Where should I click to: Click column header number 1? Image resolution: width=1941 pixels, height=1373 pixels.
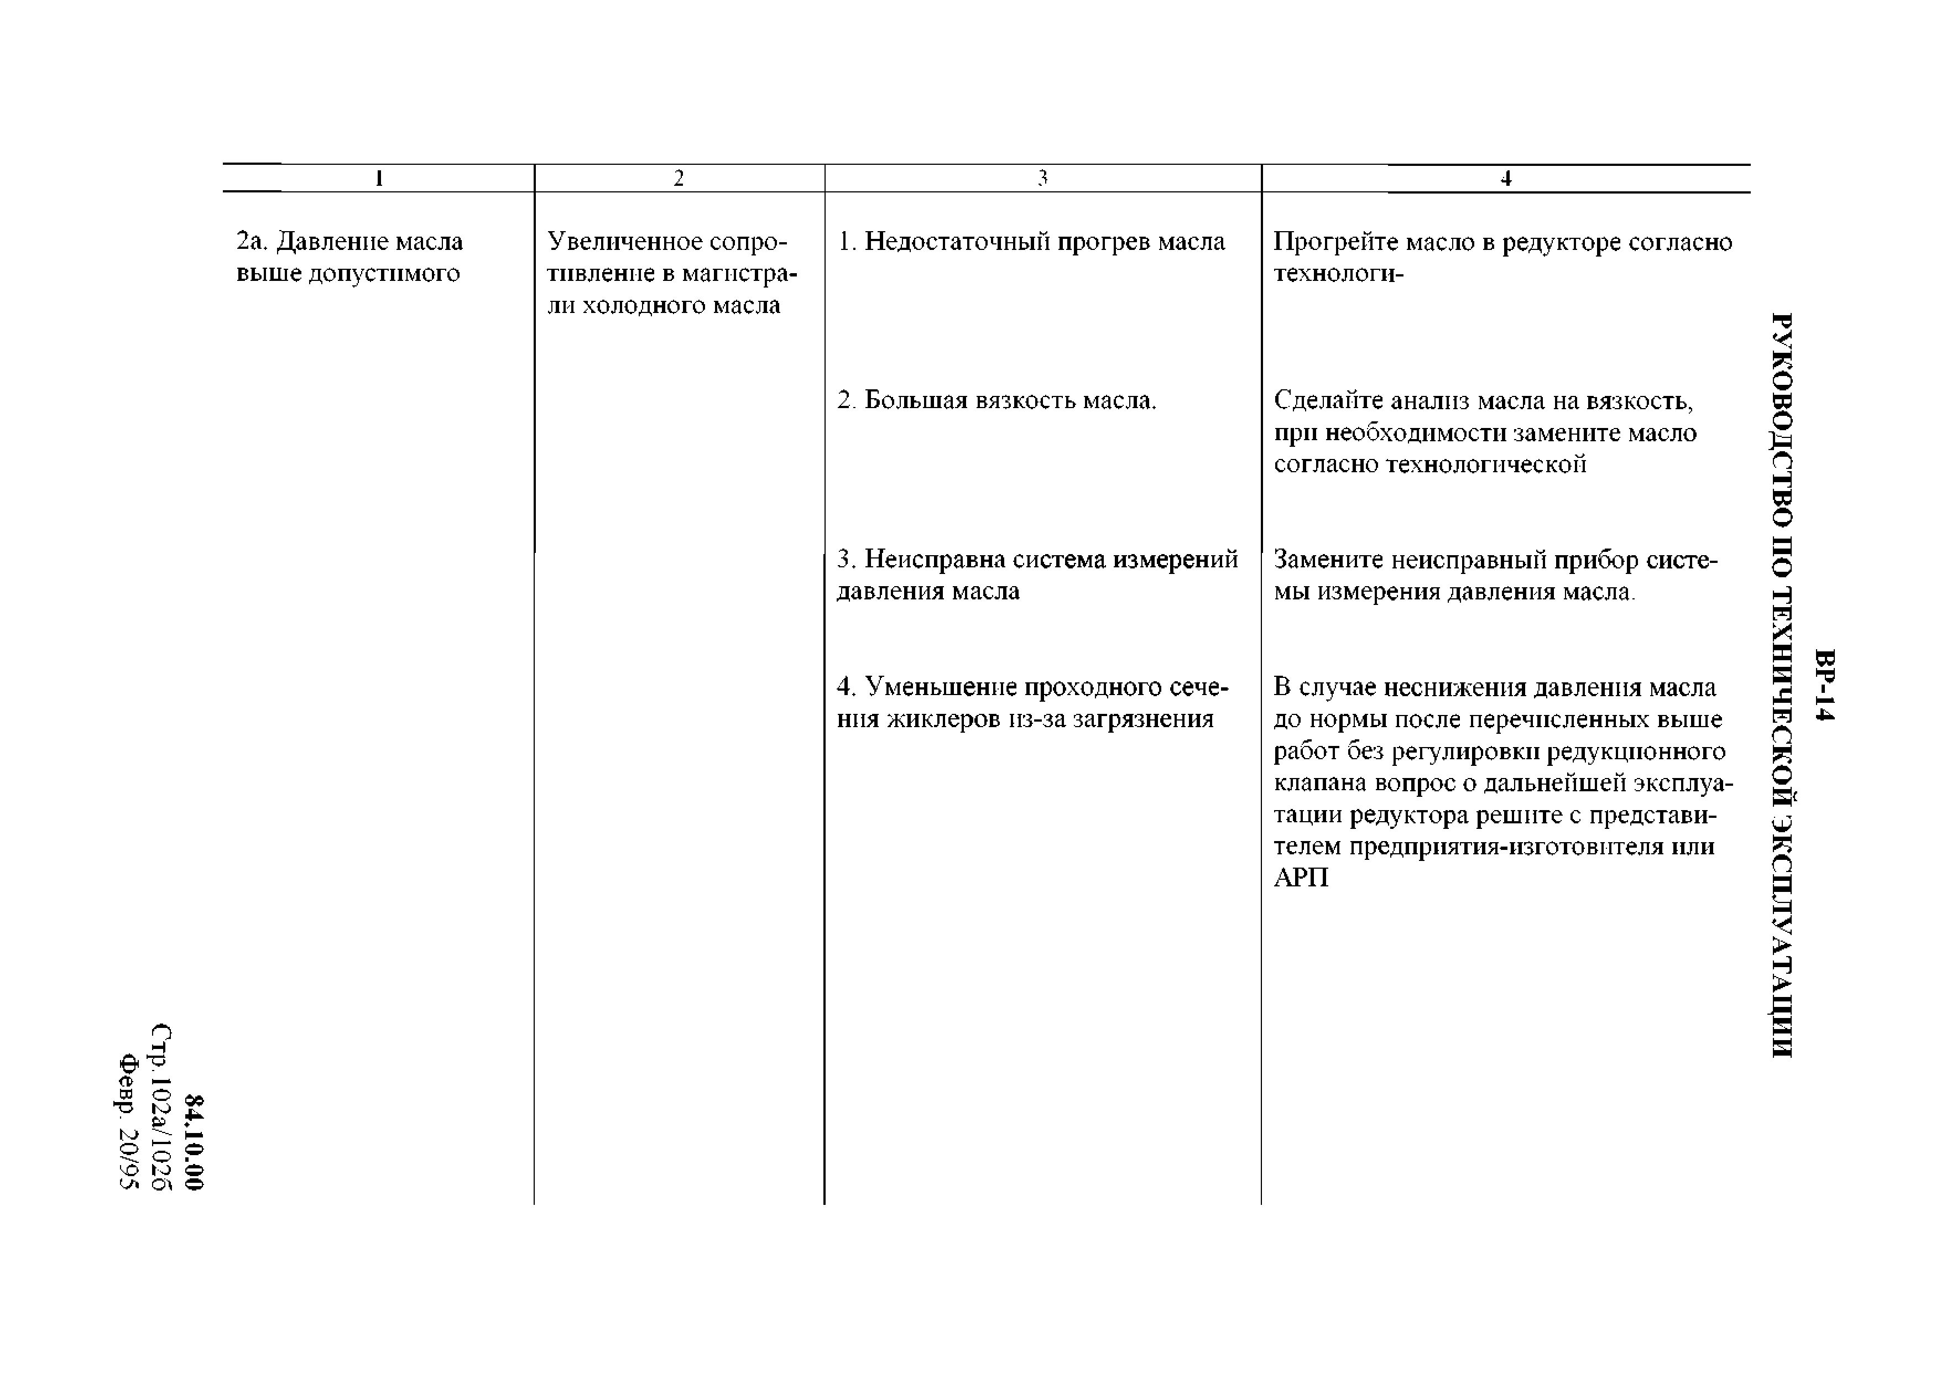[x=379, y=179]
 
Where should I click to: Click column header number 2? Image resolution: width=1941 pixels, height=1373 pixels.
[x=678, y=179]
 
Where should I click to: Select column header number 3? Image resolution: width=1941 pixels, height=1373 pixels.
[x=1042, y=179]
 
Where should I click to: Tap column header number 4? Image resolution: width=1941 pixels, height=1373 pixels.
[x=1506, y=179]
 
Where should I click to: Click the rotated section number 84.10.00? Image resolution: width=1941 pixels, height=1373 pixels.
[x=195, y=1143]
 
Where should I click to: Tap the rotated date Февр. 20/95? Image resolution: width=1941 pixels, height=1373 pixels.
[x=128, y=1122]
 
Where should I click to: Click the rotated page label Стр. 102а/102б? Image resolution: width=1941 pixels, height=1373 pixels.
[x=161, y=1108]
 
